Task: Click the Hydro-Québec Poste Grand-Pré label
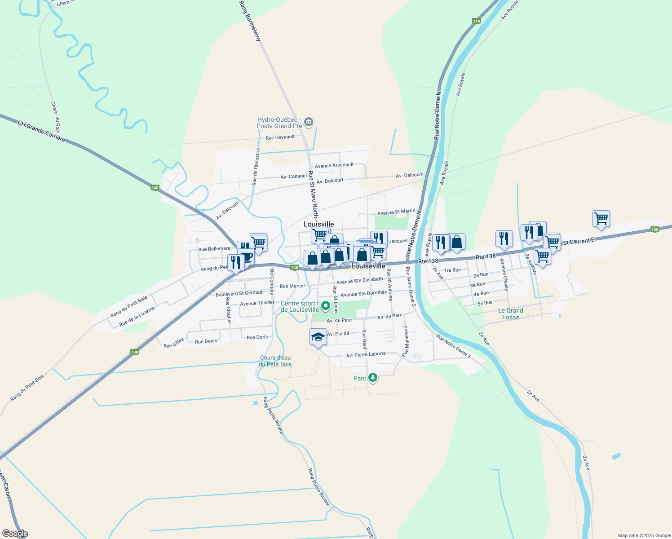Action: tap(280, 123)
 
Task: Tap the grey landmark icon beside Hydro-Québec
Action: tap(309, 122)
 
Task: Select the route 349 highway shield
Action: tap(477, 21)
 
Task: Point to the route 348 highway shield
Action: tap(155, 188)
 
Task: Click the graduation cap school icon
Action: tap(318, 337)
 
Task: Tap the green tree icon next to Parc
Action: tap(372, 378)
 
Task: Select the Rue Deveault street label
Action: tap(280, 137)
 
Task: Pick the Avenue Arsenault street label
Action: tap(334, 165)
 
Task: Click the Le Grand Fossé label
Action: tap(511, 314)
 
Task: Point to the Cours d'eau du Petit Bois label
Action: tap(275, 361)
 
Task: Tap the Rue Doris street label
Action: tap(257, 337)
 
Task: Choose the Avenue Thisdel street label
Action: tap(257, 303)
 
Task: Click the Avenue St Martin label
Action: tap(396, 212)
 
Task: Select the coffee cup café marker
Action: tap(247, 257)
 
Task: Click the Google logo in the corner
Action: tap(15, 534)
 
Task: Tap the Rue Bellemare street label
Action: tap(214, 249)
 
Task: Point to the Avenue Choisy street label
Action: tap(505, 274)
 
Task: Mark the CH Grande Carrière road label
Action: tap(41, 131)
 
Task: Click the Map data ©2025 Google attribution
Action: tap(644, 535)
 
